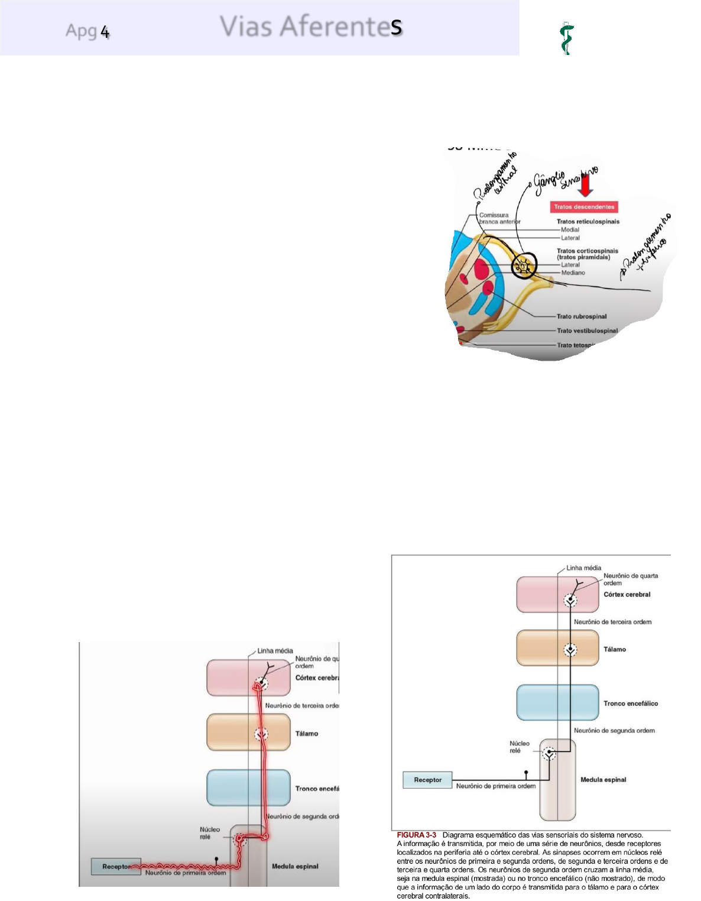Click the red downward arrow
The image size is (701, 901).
(585, 184)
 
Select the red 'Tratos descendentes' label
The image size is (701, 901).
(584, 207)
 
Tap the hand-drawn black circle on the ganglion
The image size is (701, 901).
(524, 265)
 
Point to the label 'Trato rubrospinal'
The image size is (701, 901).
(582, 316)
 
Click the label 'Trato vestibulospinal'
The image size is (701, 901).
(587, 330)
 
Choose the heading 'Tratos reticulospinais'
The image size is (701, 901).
(588, 222)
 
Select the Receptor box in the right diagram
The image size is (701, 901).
(427, 780)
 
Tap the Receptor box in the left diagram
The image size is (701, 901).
(116, 867)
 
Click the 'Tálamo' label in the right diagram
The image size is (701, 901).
(615, 649)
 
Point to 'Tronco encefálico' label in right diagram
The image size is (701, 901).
(630, 704)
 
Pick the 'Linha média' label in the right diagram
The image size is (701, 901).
(583, 568)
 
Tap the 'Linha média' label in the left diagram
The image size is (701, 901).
(275, 651)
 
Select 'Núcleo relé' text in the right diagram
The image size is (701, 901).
(519, 747)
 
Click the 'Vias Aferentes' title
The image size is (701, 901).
(311, 27)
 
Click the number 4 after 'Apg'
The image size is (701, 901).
(105, 31)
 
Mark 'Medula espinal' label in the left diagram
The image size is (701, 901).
(295, 866)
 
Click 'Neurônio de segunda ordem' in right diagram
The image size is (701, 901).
(614, 731)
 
